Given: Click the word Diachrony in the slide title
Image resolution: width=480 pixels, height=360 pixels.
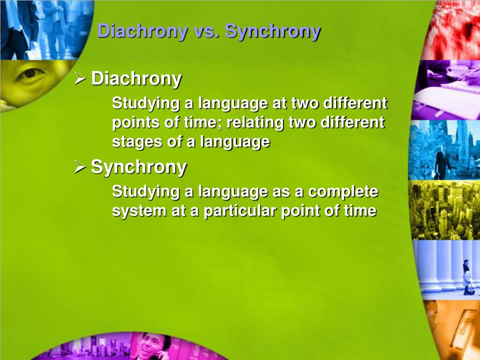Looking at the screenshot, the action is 143,31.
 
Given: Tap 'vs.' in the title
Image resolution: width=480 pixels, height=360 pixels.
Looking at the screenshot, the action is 207,31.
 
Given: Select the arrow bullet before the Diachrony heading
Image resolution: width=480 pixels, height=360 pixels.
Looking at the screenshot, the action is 80,79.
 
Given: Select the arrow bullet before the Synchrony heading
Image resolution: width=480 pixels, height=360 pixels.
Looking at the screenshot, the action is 80,167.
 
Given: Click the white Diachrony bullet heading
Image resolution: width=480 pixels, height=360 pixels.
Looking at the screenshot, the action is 136,79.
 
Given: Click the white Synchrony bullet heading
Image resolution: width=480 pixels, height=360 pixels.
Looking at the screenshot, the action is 139,167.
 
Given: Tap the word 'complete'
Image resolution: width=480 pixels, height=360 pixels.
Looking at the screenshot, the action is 343,192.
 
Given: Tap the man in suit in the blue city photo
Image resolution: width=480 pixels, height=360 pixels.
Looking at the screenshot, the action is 442,162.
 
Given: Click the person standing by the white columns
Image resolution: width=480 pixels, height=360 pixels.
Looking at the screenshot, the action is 467,277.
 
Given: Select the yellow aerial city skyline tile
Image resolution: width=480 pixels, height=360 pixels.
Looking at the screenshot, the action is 444,210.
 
